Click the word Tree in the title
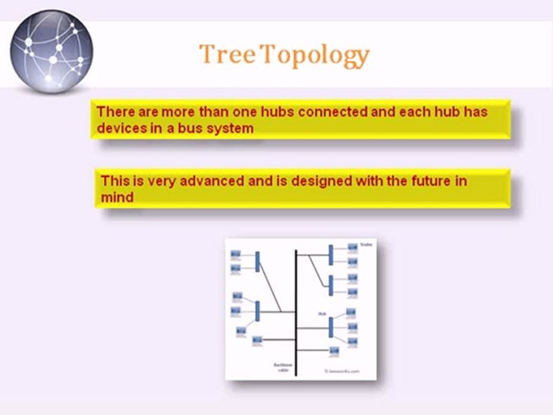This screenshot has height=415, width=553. coord(227,55)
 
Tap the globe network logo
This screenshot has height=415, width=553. coord(51,51)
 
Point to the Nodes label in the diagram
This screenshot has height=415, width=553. coord(366,244)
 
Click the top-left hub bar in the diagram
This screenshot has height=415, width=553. coord(257,261)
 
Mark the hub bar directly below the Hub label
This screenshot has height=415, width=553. coord(331,327)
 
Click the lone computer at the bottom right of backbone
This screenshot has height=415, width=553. coord(334,350)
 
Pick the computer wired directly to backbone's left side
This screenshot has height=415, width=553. coord(256,340)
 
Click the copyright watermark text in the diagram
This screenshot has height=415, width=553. coord(342,372)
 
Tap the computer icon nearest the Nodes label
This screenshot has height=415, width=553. coord(352,248)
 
